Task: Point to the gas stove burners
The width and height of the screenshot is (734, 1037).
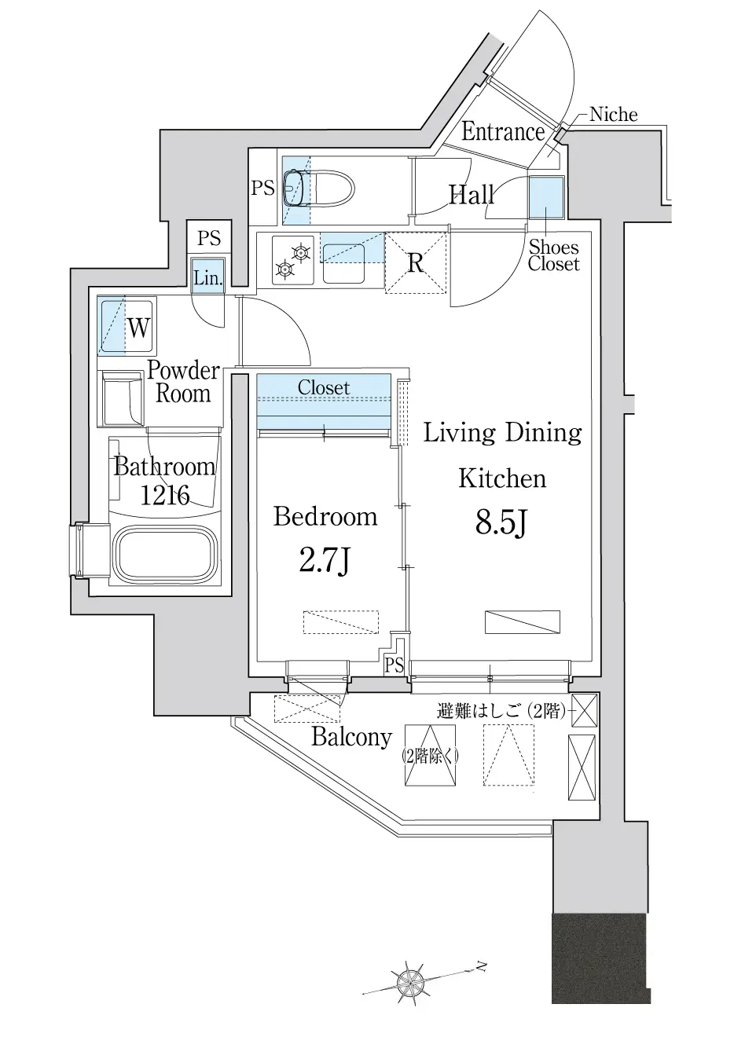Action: click(293, 260)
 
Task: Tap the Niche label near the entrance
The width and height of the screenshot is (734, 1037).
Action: click(613, 115)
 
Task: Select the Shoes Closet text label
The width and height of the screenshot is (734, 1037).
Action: click(553, 256)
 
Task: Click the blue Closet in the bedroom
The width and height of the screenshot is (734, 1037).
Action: click(324, 401)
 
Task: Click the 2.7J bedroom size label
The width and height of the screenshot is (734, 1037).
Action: click(325, 562)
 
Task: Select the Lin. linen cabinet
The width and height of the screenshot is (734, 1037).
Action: click(208, 277)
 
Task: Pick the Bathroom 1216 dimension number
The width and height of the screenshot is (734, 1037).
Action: click(165, 495)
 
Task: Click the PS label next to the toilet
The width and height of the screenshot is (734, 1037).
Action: click(262, 188)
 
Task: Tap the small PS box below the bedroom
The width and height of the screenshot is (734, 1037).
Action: click(394, 665)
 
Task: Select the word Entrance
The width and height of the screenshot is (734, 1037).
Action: click(502, 131)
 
